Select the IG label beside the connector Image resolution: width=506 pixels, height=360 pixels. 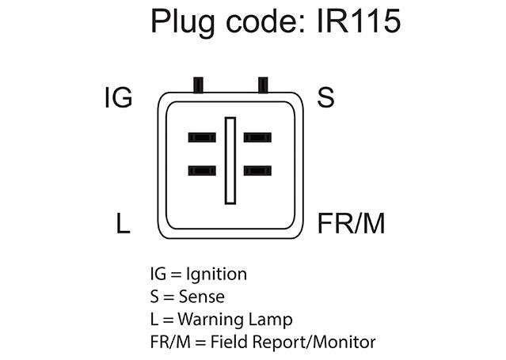click(x=118, y=98)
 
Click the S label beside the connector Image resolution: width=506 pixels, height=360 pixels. click(x=325, y=98)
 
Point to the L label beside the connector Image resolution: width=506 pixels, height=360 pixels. click(x=123, y=224)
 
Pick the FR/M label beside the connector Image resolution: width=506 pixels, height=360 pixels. click(x=351, y=224)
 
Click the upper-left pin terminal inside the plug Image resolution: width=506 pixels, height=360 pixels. click(x=202, y=138)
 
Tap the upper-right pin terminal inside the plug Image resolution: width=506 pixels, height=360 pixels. click(x=257, y=138)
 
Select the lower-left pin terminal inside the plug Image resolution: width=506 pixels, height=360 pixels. click(x=202, y=170)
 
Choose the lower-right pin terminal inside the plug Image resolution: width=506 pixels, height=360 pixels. click(x=257, y=170)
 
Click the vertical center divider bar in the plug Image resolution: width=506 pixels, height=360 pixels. click(x=230, y=159)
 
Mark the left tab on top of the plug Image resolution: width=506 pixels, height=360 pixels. click(x=198, y=83)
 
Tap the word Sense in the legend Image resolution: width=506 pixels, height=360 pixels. click(x=203, y=297)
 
